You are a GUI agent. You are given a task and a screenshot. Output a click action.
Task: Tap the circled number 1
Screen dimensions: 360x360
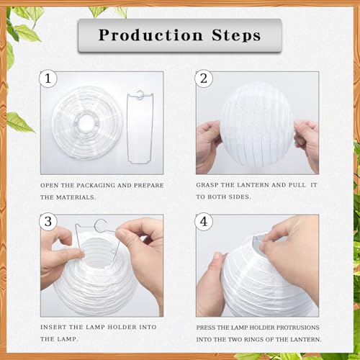point(48,79)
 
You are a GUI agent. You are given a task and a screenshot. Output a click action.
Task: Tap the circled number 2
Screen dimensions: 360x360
point(204,79)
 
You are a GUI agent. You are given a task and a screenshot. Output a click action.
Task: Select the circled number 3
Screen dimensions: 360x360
point(48,222)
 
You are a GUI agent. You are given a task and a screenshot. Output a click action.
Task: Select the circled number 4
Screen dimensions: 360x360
point(204,222)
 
